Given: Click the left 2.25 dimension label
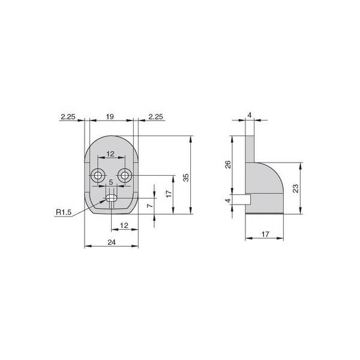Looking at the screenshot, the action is click(x=68, y=116).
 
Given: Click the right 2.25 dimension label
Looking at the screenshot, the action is click(x=155, y=116).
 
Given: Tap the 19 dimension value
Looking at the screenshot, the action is click(x=110, y=116).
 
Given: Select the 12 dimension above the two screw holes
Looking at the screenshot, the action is click(x=110, y=154).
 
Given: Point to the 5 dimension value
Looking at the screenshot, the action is click(x=111, y=182).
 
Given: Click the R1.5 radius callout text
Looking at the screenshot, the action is click(x=64, y=212).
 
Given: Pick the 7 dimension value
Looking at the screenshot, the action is click(x=150, y=205).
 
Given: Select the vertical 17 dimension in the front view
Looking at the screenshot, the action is click(x=169, y=194).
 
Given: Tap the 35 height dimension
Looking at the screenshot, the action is click(x=186, y=178).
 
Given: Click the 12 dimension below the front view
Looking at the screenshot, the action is click(x=124, y=226).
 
